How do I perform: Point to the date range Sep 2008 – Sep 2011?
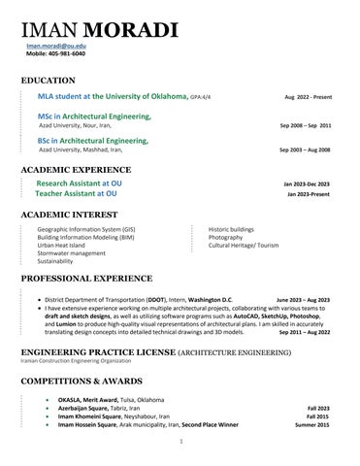(305, 126)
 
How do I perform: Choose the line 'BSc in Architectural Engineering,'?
(93, 141)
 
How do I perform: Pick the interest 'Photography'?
(225, 237)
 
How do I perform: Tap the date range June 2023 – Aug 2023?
(303, 300)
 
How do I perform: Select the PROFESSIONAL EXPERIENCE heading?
(82, 279)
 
